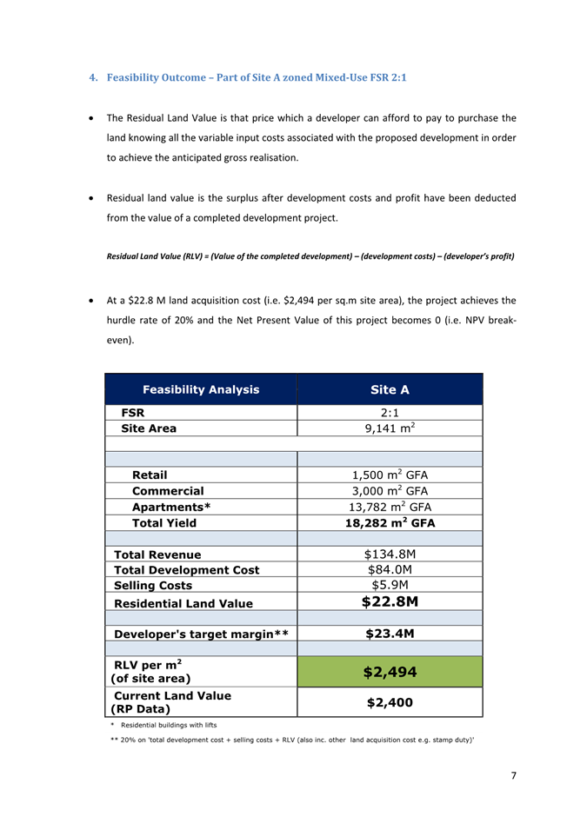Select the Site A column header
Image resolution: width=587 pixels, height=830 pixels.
tap(390, 389)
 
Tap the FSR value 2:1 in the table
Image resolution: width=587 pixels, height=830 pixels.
tap(390, 412)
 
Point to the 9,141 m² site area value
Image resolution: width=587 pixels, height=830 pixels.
tap(390, 428)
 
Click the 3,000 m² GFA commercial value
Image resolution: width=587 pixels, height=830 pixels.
tap(390, 491)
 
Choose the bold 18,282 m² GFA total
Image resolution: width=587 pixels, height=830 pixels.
tap(390, 523)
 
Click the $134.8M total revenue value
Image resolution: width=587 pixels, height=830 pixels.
tap(390, 554)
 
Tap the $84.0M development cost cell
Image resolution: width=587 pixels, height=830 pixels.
tap(390, 570)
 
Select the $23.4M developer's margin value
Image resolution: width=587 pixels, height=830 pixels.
tap(390, 634)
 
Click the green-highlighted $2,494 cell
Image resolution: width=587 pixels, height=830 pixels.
tap(390, 672)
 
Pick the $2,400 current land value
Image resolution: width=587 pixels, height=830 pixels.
tap(390, 702)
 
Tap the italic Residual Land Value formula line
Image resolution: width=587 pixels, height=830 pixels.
tap(310, 257)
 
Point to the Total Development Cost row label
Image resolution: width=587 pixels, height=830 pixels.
tap(186, 570)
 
